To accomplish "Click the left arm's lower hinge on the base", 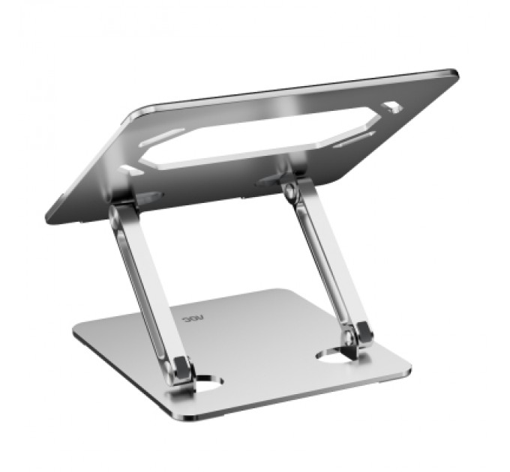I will pyautogui.click(x=180, y=369).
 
